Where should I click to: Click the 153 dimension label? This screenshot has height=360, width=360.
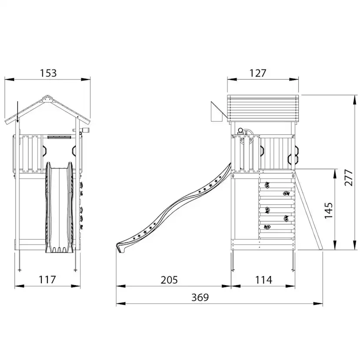(x=48, y=73)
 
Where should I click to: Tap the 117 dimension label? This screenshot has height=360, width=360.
(x=47, y=280)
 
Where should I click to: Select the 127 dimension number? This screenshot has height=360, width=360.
(x=257, y=73)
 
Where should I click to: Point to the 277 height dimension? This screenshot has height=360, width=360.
(x=348, y=177)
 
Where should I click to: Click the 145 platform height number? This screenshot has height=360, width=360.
(x=328, y=210)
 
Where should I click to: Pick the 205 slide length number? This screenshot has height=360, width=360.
(x=169, y=280)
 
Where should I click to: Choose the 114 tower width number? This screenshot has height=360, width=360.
(x=263, y=280)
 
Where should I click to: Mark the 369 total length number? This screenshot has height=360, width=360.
(x=200, y=297)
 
